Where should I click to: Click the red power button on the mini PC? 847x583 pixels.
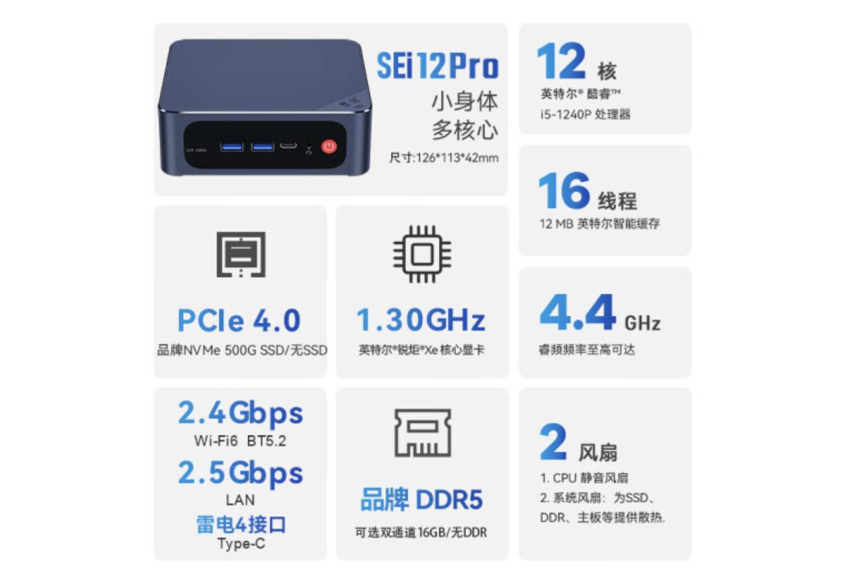(329, 147)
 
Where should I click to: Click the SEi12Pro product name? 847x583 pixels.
(437, 66)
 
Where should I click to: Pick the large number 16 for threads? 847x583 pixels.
(563, 191)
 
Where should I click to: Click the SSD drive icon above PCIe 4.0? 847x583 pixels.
(241, 254)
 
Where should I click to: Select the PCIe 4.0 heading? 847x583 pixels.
(239, 321)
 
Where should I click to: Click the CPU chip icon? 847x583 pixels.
(421, 254)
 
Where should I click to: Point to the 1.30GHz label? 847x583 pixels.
(421, 321)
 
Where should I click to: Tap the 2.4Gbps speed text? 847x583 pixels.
(240, 413)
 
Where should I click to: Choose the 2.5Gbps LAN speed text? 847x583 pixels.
(240, 473)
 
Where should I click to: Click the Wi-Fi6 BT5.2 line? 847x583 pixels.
(240, 441)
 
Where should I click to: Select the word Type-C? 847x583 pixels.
(241, 544)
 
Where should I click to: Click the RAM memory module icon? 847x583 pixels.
(422, 432)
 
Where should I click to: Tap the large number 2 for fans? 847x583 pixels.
(553, 442)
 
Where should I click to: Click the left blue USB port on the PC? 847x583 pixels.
(232, 147)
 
